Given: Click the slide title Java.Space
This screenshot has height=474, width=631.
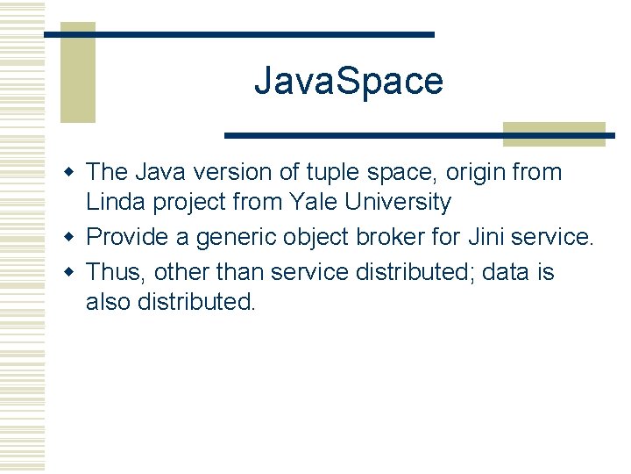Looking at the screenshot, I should pos(348,82).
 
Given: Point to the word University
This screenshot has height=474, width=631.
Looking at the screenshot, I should pos(399,203).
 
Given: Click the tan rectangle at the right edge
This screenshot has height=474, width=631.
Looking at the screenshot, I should pos(554,133).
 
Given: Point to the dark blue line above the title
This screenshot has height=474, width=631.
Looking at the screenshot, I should pos(238,34).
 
